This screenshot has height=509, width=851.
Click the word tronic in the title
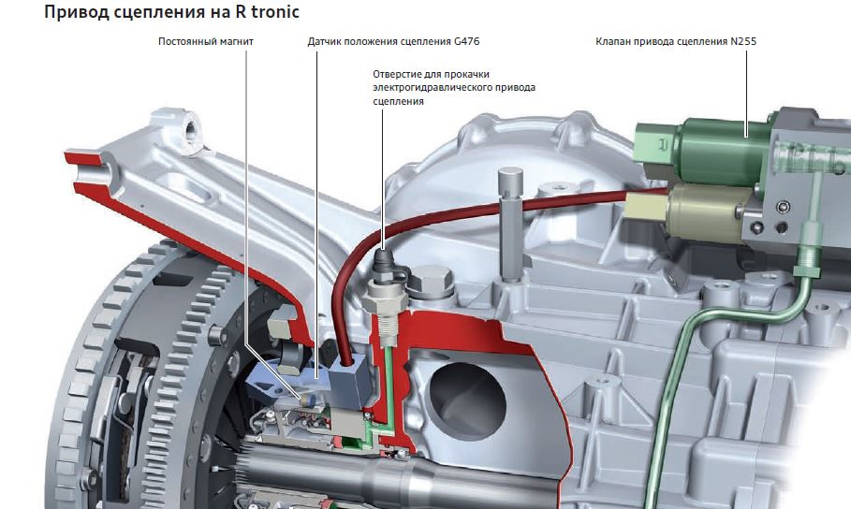(x=274, y=12)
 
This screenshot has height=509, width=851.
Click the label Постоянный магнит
(x=206, y=41)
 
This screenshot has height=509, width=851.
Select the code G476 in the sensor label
(x=467, y=41)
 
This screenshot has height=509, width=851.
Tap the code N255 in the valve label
(x=743, y=41)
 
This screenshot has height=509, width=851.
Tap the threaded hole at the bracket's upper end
(x=191, y=130)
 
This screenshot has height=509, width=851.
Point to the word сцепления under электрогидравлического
(x=398, y=101)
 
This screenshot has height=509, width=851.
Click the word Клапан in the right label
(x=612, y=41)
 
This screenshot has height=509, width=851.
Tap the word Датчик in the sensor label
(x=324, y=41)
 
